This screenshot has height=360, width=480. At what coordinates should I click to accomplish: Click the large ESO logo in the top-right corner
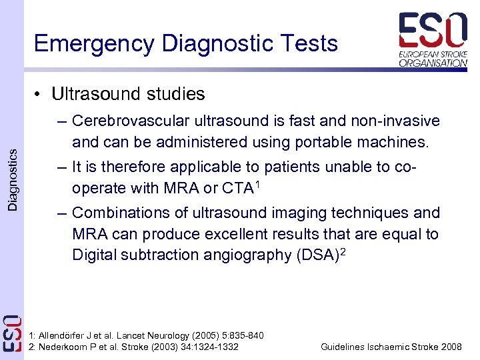click(x=433, y=30)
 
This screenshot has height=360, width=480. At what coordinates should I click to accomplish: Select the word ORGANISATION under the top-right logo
click(x=433, y=63)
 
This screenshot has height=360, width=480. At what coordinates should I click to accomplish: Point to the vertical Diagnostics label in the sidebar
click(x=13, y=180)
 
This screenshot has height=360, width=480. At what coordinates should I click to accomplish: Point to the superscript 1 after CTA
click(x=257, y=183)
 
